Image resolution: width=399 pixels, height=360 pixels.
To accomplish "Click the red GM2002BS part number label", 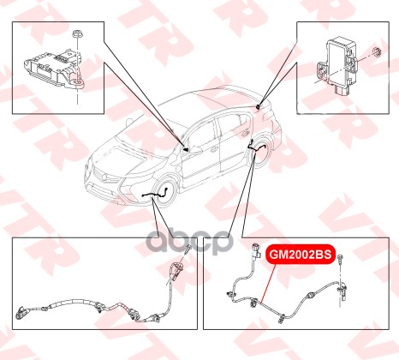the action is [x=301, y=254].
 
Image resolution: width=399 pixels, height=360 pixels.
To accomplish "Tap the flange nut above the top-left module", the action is [x=77, y=33].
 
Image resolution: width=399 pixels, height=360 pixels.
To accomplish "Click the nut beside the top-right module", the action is [x=377, y=52].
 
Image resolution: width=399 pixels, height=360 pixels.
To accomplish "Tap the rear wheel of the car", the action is [x=260, y=153].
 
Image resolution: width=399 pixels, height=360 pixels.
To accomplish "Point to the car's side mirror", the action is [x=195, y=149].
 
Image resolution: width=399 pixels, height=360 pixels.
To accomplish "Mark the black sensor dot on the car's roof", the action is [x=258, y=107].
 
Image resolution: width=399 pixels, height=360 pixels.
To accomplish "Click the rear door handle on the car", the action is [x=244, y=134].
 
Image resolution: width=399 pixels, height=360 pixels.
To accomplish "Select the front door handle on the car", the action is [x=214, y=148].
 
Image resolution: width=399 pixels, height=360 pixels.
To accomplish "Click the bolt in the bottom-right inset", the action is [x=340, y=259].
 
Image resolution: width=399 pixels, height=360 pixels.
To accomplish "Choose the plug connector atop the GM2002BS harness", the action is [x=256, y=250].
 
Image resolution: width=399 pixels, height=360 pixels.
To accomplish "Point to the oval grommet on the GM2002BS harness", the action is [x=310, y=295].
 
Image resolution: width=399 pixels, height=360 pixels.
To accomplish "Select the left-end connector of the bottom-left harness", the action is [x=21, y=313].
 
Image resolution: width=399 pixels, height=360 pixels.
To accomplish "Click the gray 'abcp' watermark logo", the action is [x=188, y=242].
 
